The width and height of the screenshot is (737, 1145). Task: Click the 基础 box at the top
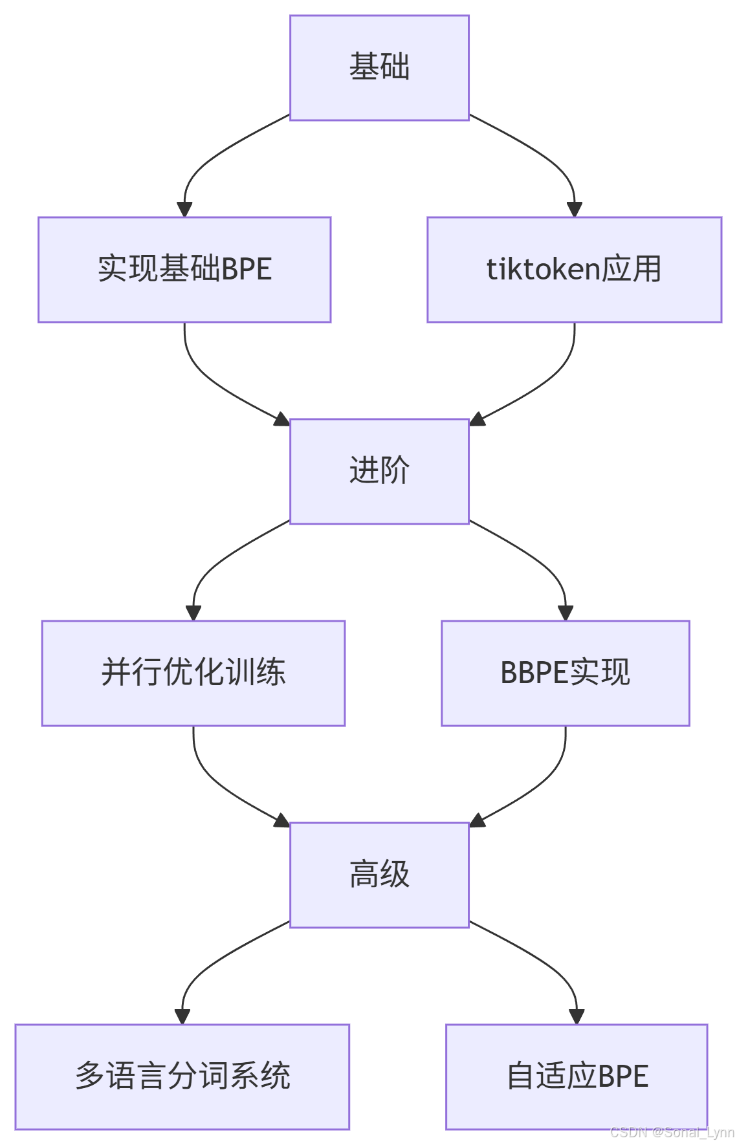coord(379,68)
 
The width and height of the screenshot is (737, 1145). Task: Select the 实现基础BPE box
coord(184,270)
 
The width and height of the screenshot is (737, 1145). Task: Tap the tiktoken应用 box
coord(574,270)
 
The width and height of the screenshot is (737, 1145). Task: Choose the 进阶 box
coord(379,471)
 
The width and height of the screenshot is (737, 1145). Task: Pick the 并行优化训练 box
coord(193,673)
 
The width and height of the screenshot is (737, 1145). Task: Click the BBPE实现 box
coord(565,673)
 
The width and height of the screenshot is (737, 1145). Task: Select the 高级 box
coord(379,875)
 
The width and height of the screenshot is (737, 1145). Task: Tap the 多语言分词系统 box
coord(182,1076)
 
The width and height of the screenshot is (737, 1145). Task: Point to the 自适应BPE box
coord(577,1076)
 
